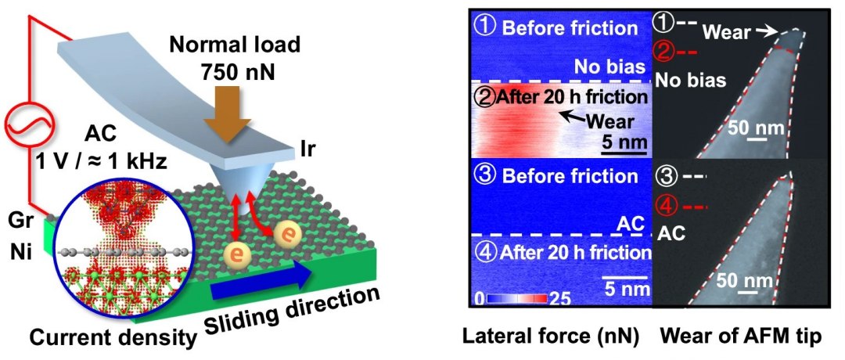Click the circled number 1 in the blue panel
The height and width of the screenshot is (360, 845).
(x=484, y=29)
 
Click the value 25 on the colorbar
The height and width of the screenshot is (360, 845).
(x=560, y=298)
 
